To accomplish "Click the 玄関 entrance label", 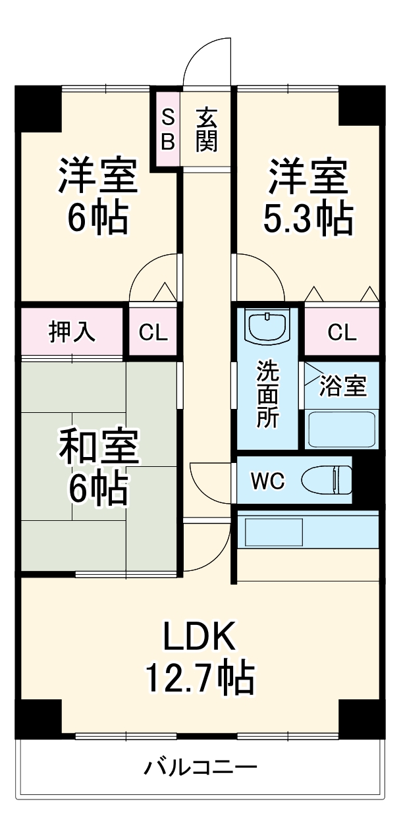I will pyautogui.click(x=206, y=129).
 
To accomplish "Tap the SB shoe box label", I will pyautogui.click(x=168, y=129).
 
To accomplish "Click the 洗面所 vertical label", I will pyautogui.click(x=267, y=394).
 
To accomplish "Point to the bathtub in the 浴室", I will pyautogui.click(x=342, y=429).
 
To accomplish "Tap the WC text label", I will pyautogui.click(x=268, y=481).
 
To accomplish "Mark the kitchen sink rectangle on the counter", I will pyautogui.click(x=273, y=531).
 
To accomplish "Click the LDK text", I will pyautogui.click(x=199, y=637).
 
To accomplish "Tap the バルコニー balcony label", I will pyautogui.click(x=200, y=767).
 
